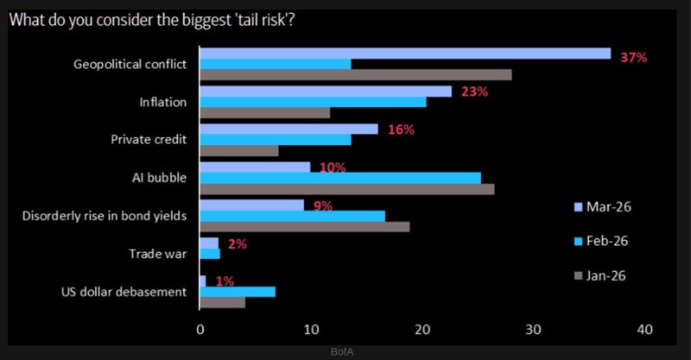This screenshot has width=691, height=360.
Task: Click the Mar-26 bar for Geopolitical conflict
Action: click(405, 54)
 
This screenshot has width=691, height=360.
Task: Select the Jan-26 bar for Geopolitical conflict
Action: click(355, 75)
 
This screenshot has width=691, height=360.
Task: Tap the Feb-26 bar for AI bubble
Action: click(340, 178)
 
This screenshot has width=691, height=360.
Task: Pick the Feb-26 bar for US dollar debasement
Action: click(238, 291)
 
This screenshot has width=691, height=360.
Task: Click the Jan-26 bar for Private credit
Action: click(239, 150)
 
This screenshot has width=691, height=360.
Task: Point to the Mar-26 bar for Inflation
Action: click(326, 92)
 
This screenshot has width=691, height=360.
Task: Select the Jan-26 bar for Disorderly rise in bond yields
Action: click(305, 226)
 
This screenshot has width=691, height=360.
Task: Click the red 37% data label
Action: click(633, 57)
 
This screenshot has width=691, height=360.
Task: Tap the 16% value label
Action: click(401, 129)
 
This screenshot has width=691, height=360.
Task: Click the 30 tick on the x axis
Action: click(533, 329)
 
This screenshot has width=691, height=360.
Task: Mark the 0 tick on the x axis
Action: click(200, 329)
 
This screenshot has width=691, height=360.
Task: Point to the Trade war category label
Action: click(158, 253)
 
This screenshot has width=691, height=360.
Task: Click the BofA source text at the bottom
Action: click(344, 352)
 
